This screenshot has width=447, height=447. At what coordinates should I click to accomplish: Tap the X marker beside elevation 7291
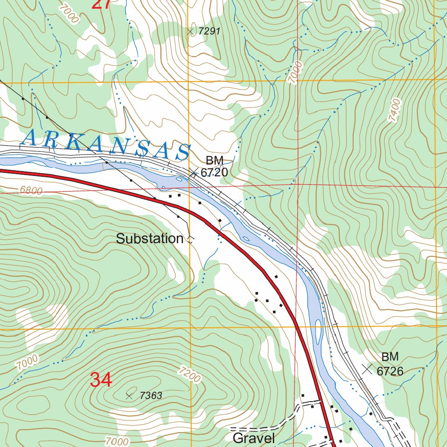[190, 31]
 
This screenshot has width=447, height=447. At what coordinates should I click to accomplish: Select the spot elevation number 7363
[151, 396]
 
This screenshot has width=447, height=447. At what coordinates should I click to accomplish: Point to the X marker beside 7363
[129, 396]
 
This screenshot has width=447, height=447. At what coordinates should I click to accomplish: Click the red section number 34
[101, 380]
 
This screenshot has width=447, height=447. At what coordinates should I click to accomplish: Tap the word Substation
[150, 239]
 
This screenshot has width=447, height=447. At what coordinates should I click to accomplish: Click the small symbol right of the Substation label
[190, 239]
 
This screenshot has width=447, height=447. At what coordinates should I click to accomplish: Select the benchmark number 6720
[214, 172]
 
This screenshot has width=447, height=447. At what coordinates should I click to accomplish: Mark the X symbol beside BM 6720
[193, 172]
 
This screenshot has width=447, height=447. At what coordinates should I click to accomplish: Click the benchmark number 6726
[390, 371]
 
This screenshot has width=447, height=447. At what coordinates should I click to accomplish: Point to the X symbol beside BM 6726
[368, 369]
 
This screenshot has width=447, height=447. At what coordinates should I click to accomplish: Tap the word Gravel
[254, 438]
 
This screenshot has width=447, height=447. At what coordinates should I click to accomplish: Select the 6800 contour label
[31, 191]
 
